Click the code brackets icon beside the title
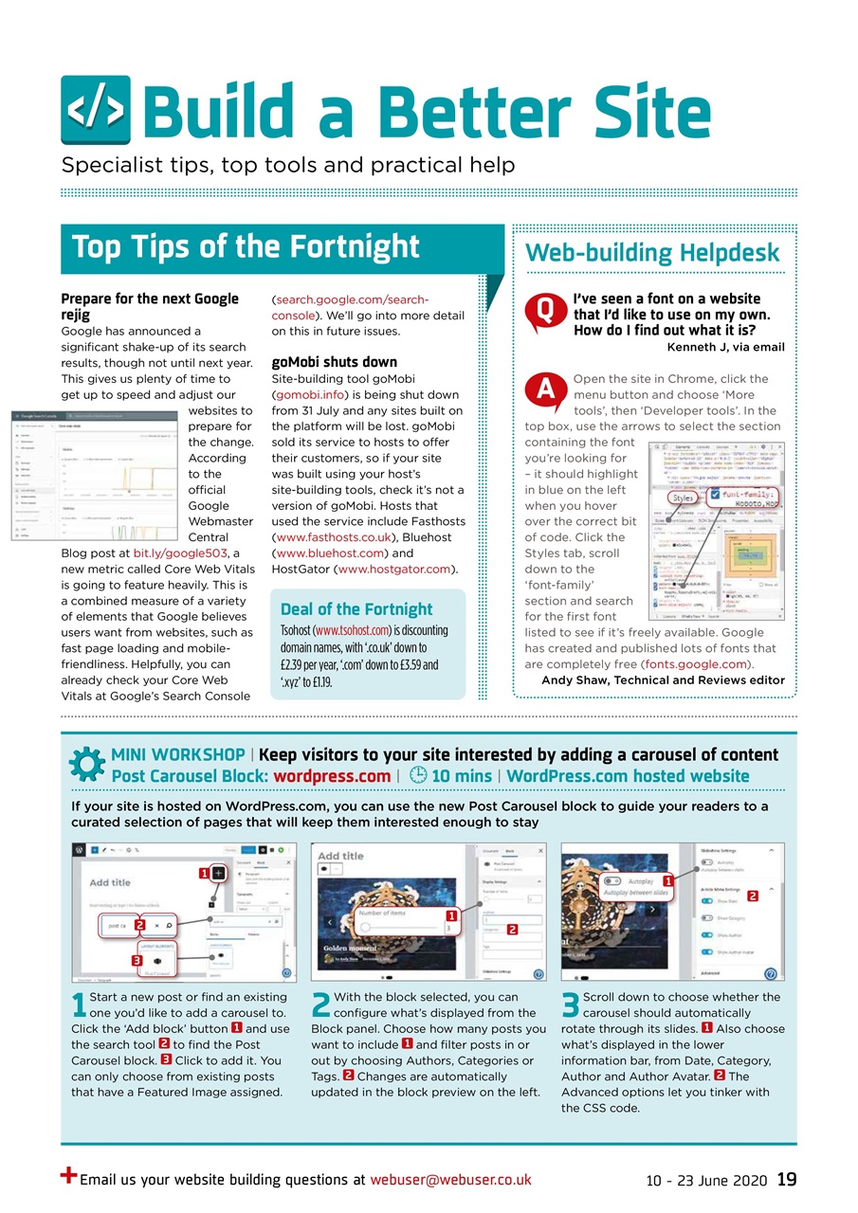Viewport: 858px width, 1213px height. (96, 110)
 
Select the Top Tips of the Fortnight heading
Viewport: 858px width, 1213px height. (246, 246)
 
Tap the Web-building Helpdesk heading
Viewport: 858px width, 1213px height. (652, 252)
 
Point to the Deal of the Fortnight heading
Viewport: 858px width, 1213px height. (356, 608)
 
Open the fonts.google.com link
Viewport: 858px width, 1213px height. (697, 664)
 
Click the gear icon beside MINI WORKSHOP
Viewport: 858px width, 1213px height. (87, 765)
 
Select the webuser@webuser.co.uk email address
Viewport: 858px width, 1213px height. (450, 1180)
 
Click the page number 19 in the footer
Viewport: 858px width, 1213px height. (786, 1180)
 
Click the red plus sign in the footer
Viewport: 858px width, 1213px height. (68, 1175)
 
